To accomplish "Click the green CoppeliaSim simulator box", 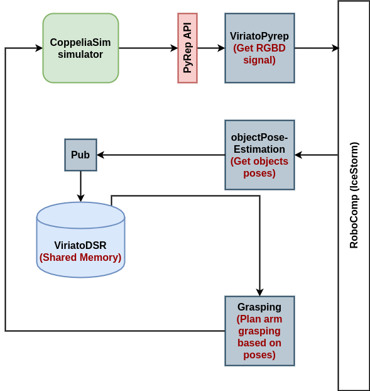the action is (x=81, y=48).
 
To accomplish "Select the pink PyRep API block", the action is (x=188, y=48).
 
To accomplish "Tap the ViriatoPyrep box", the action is (x=259, y=48).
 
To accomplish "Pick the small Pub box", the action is (x=81, y=155).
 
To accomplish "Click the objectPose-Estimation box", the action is (x=259, y=155).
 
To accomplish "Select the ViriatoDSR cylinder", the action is (x=81, y=240).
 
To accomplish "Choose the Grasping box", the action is (x=259, y=331).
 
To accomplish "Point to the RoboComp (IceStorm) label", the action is (x=354, y=196).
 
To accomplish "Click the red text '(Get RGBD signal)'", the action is (x=259, y=54).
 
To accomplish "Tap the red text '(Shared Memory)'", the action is (x=80, y=257).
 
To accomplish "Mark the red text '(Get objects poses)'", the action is (x=259, y=167).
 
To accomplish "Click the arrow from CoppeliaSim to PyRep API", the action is (x=148, y=48).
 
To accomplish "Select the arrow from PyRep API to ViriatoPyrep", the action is (x=211, y=48).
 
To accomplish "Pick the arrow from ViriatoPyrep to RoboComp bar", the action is (x=317, y=48).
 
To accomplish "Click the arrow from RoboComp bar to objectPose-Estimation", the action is (x=317, y=155).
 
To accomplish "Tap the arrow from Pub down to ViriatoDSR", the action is (x=81, y=187).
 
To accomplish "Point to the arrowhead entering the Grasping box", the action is (x=260, y=292).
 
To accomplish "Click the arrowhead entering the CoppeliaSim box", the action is (x=39, y=48).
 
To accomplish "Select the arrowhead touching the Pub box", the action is (x=101, y=155).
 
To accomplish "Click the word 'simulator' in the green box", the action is (x=80, y=54).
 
